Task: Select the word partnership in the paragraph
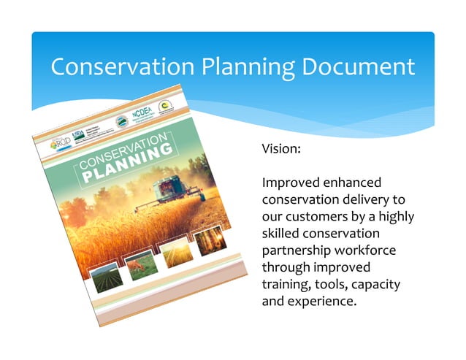pyautogui.click(x=297, y=250)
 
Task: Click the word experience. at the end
pyautogui.click(x=321, y=299)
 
